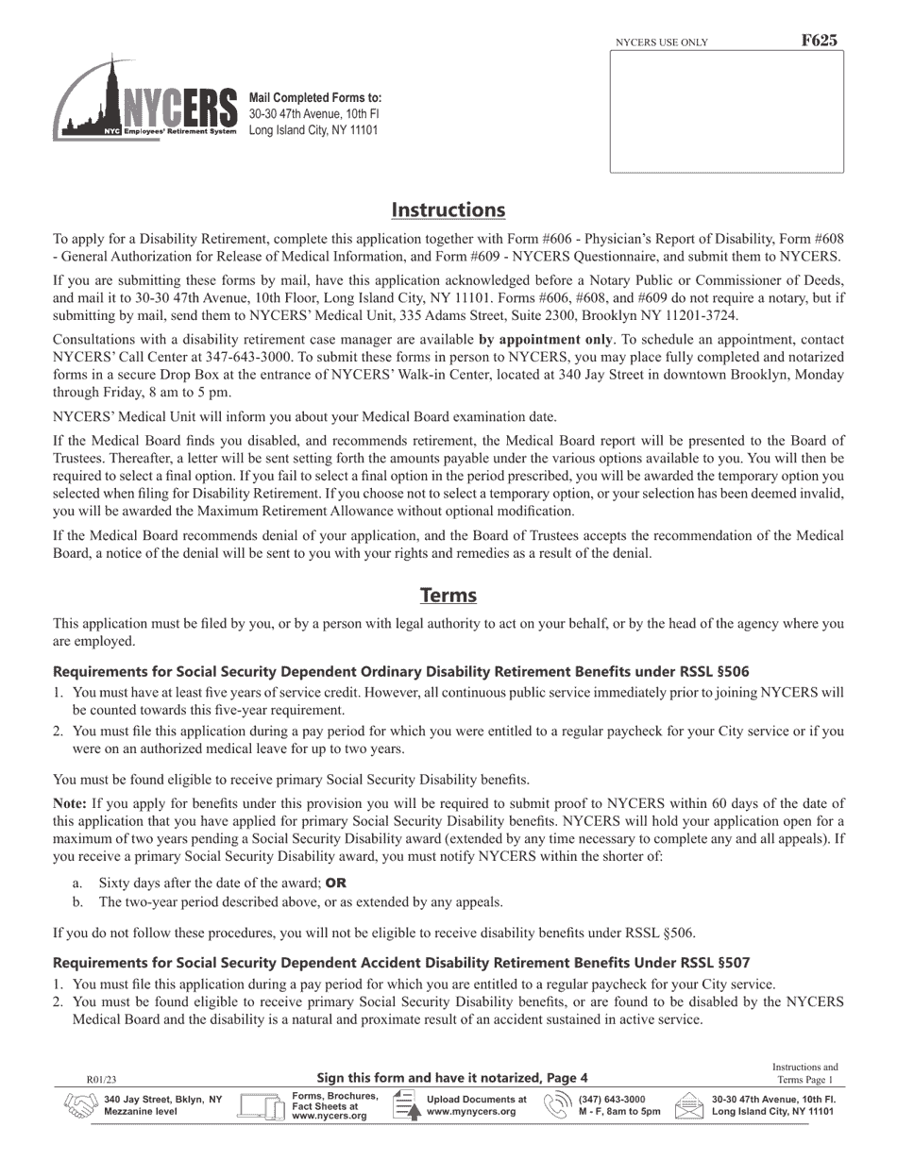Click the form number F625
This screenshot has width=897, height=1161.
(x=818, y=41)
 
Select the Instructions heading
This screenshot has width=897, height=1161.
(x=448, y=210)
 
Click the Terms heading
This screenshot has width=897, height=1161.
(x=448, y=596)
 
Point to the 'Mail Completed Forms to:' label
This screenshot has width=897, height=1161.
(x=315, y=98)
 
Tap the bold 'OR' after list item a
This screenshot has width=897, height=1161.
(x=336, y=884)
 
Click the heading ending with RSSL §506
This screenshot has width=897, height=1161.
(x=401, y=672)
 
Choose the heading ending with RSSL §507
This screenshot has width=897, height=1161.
(x=401, y=963)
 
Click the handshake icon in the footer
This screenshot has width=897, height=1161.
(x=80, y=1105)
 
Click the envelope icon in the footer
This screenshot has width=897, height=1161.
(x=689, y=1105)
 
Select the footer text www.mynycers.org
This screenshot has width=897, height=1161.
(x=471, y=1112)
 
